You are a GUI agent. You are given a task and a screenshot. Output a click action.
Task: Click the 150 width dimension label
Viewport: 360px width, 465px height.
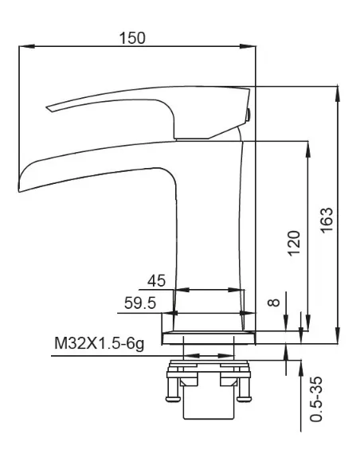[132, 38]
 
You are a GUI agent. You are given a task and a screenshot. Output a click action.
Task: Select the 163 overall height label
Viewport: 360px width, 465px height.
[327, 220]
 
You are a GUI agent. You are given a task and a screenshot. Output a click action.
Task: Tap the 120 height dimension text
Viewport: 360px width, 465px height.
[294, 243]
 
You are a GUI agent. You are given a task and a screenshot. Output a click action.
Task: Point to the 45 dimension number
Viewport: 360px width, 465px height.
[157, 280]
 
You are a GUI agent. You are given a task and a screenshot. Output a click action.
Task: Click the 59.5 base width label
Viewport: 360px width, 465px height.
[140, 303]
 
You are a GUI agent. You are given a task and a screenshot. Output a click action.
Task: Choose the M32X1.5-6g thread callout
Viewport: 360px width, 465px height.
[100, 343]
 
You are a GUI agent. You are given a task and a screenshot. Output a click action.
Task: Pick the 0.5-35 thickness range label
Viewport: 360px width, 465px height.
[316, 399]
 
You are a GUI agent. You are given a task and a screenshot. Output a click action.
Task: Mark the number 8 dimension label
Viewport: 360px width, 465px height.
[274, 303]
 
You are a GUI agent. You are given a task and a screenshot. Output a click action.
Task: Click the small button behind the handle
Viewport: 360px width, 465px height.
[248, 115]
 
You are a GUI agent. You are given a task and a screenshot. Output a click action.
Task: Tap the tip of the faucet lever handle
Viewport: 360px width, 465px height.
[48, 107]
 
